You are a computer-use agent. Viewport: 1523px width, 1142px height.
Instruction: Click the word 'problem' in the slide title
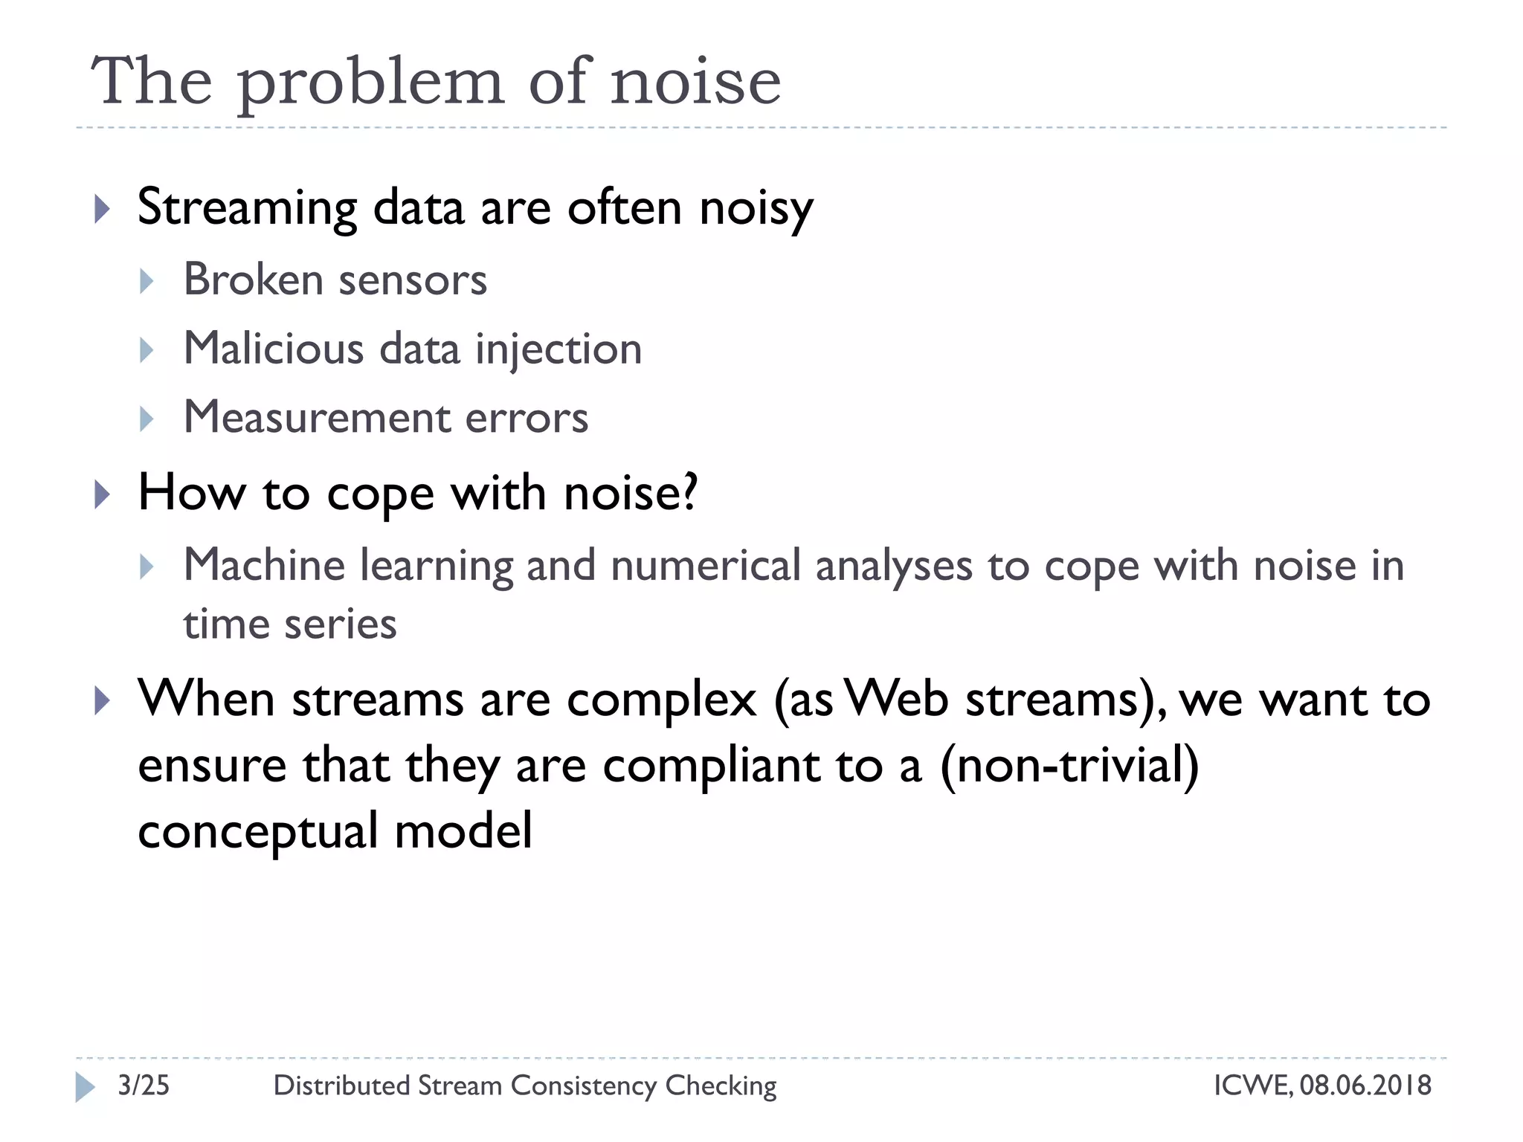pyautogui.click(x=370, y=83)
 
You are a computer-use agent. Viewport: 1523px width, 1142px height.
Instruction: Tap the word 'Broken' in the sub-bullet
pyautogui.click(x=253, y=280)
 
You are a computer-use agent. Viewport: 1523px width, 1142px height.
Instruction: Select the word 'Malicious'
pyautogui.click(x=273, y=349)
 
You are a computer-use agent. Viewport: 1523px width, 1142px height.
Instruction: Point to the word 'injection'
pyautogui.click(x=558, y=350)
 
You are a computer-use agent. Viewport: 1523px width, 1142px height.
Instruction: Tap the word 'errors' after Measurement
pyautogui.click(x=527, y=419)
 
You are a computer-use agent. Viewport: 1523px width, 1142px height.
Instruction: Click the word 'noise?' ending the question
pyautogui.click(x=631, y=493)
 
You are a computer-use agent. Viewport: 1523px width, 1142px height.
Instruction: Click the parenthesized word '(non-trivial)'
pyautogui.click(x=1069, y=766)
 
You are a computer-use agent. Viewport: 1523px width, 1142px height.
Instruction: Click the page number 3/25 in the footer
pyautogui.click(x=144, y=1085)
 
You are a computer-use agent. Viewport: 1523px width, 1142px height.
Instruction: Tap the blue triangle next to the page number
pyautogui.click(x=85, y=1087)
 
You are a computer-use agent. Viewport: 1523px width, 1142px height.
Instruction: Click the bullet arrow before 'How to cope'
pyautogui.click(x=103, y=494)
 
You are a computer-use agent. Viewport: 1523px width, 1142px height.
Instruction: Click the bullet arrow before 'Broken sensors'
pyautogui.click(x=147, y=281)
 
